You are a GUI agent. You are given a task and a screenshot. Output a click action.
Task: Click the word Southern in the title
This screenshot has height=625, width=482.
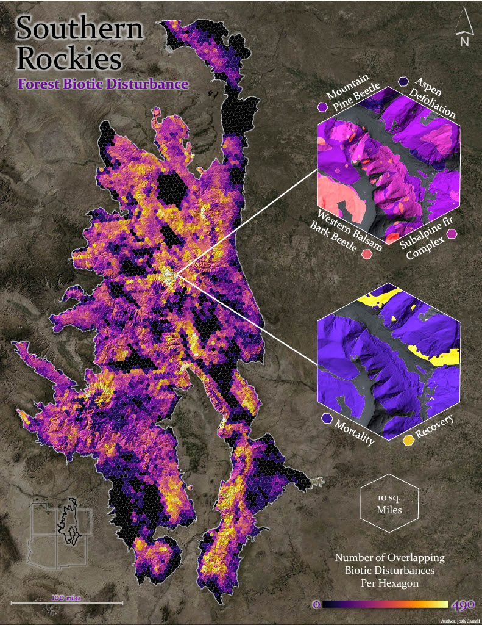pyautogui.click(x=80, y=29)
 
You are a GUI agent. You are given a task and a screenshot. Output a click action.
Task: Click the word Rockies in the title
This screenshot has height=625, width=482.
pyautogui.click(x=69, y=59)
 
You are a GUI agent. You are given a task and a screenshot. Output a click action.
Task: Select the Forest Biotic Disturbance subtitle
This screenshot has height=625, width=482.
pyautogui.click(x=102, y=84)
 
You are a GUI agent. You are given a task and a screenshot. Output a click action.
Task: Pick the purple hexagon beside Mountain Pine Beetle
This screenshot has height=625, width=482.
pyautogui.click(x=321, y=107)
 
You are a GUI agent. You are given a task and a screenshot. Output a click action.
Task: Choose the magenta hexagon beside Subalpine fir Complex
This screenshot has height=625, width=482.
pyautogui.click(x=452, y=233)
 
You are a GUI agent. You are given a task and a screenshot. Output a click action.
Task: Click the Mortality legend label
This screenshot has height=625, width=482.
pyautogui.click(x=353, y=431)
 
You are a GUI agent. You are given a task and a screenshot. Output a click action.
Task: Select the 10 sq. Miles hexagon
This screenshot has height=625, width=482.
pyautogui.click(x=389, y=502)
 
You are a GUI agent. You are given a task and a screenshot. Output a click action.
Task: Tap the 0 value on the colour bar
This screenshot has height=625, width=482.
pyautogui.click(x=316, y=604)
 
